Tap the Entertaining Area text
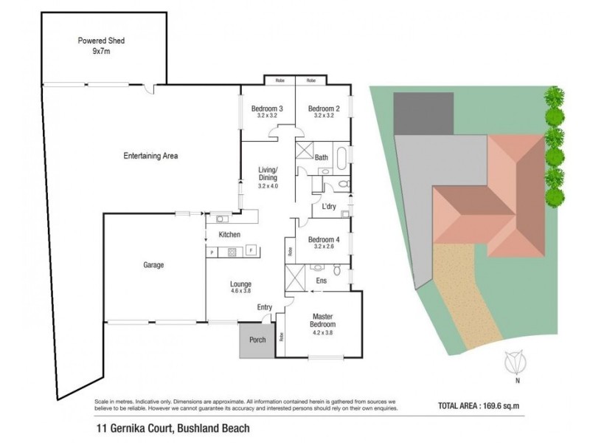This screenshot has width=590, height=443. [150, 156]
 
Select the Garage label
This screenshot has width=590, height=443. [153, 264]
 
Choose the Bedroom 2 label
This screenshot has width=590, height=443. [323, 109]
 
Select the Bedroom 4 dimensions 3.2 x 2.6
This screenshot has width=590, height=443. [323, 247]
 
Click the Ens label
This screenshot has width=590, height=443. [322, 281]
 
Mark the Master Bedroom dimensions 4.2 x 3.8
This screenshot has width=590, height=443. [322, 333]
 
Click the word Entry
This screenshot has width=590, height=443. [265, 307]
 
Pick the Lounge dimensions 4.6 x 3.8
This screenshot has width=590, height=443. [240, 292]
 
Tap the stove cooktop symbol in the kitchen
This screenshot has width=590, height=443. [230, 252]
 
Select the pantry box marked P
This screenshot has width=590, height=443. [212, 252]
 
